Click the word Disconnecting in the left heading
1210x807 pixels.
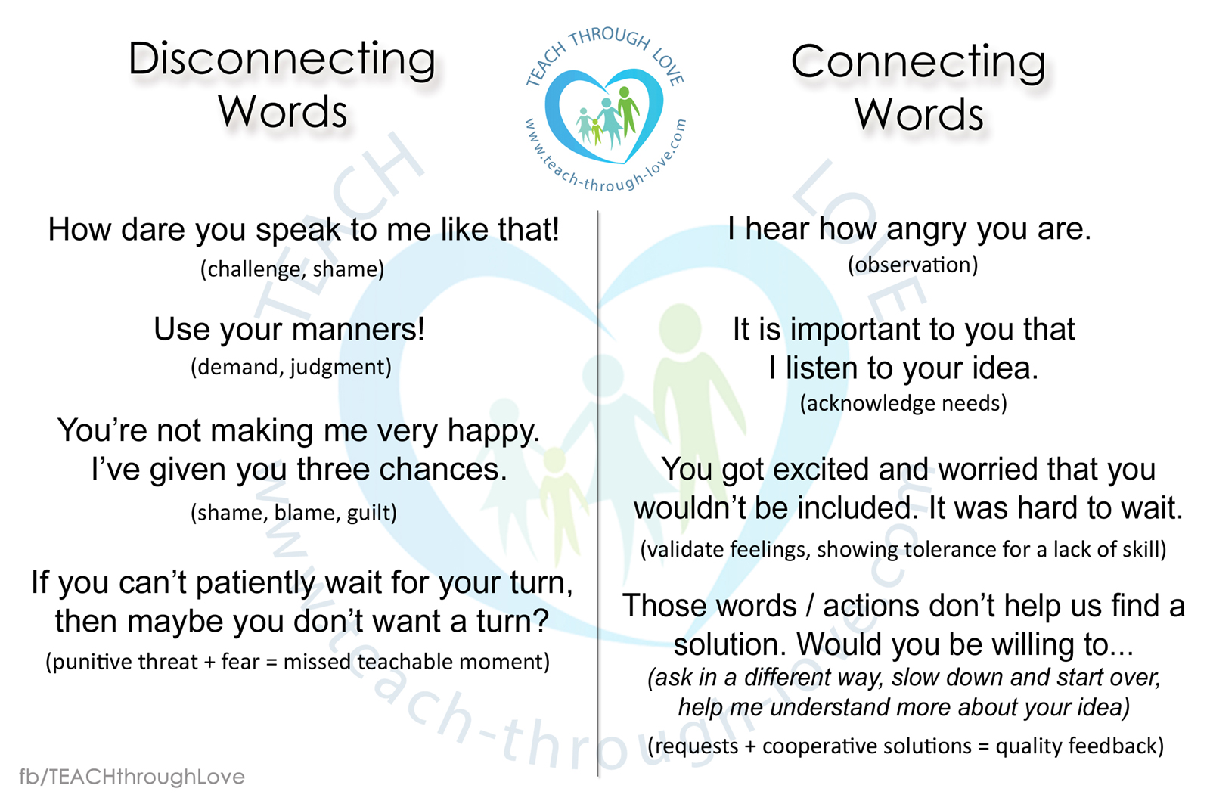[x=282, y=60]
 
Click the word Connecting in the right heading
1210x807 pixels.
[x=918, y=63]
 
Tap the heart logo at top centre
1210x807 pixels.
[x=605, y=114]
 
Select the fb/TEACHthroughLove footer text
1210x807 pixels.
[x=132, y=777]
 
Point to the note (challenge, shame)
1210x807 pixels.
[x=292, y=269]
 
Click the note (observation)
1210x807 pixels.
[x=913, y=265]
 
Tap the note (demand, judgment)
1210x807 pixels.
[x=291, y=368]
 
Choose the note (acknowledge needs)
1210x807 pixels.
[x=904, y=404]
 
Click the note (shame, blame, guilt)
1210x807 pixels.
[x=294, y=513]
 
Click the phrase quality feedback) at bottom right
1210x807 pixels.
[x=1080, y=746]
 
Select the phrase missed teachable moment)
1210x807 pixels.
[x=417, y=663]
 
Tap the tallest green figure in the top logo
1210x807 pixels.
[x=627, y=110]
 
